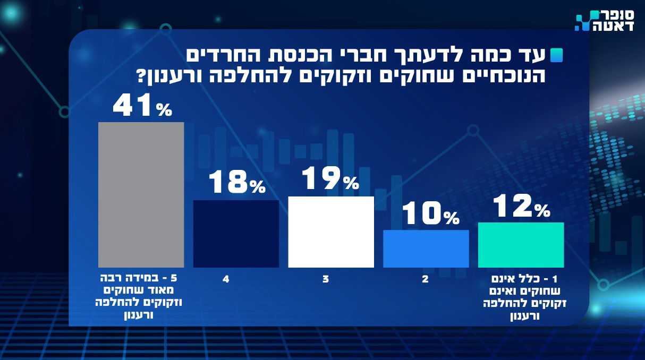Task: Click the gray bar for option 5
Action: (x=141, y=194)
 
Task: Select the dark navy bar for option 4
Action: (x=236, y=234)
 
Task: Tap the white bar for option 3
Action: (x=331, y=232)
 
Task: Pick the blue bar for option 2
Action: (x=426, y=248)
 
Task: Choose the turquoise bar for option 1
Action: (x=521, y=245)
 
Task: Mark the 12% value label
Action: (x=521, y=206)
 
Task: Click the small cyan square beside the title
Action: (x=557, y=55)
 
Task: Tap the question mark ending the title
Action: (x=142, y=77)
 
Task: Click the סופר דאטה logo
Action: (x=605, y=21)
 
